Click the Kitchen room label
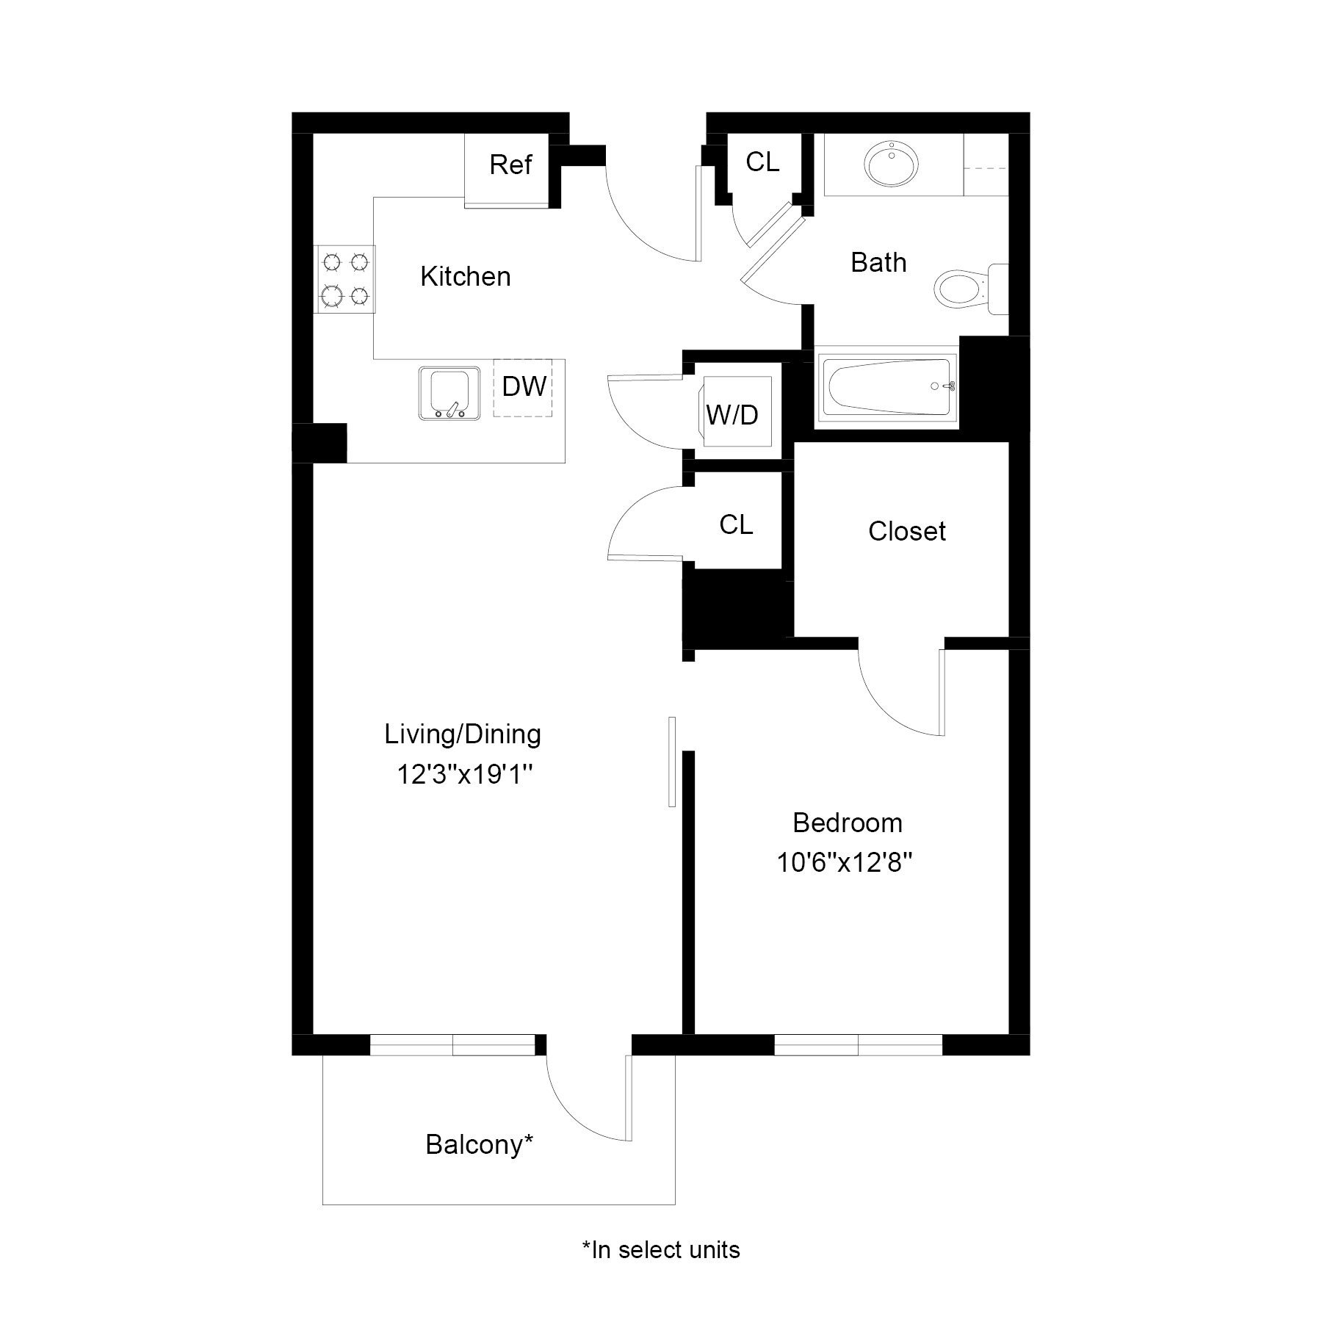(465, 277)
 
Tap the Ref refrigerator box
(510, 165)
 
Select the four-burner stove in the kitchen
(345, 279)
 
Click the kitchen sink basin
(449, 393)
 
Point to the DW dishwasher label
(524, 386)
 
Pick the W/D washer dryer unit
(733, 414)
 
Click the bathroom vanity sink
(892, 164)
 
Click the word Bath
(878, 263)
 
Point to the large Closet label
(906, 532)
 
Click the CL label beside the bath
(762, 162)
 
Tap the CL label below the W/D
(736, 524)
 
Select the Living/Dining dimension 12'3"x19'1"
(463, 774)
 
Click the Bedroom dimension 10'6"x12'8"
(845, 862)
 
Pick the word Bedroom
(847, 823)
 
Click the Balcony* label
(478, 1144)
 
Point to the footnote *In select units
(660, 1249)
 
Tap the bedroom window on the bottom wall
(858, 1044)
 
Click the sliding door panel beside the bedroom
(671, 762)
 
